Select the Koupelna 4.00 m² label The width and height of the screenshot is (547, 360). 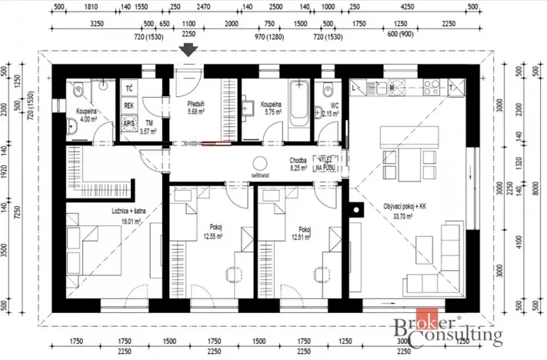pyautogui.click(x=84, y=115)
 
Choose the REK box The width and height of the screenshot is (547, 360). pyautogui.click(x=128, y=106)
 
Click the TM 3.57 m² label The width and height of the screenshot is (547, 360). pyautogui.click(x=148, y=128)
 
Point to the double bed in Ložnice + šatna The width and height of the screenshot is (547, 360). pyautogui.click(x=92, y=239)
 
